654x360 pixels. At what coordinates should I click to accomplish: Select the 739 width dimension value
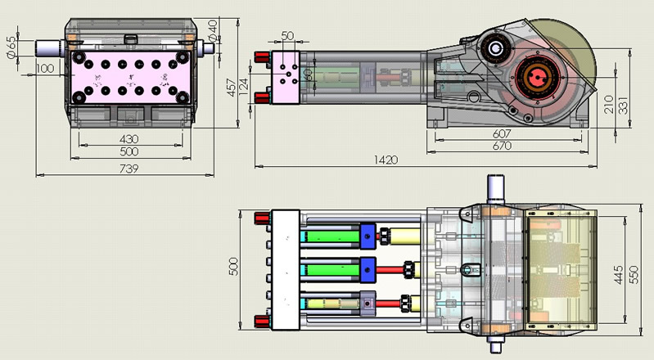point(129,169)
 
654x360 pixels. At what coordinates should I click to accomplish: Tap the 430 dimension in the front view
point(129,140)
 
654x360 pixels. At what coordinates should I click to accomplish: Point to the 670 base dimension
point(503,146)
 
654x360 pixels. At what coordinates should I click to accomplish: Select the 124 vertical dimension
point(243,85)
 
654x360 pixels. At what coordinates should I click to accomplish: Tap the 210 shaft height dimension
point(608,104)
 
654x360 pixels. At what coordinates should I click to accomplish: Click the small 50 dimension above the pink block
point(287,36)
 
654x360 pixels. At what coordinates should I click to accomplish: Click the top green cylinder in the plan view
point(332,237)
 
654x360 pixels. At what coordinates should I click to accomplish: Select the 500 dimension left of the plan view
point(232,267)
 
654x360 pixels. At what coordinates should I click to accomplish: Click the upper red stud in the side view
point(263,56)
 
